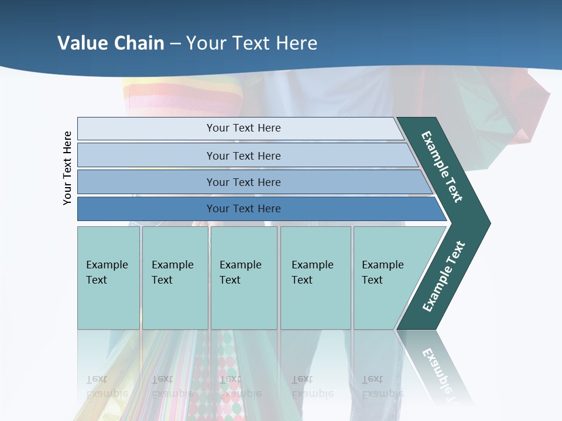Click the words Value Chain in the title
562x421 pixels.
pyautogui.click(x=111, y=43)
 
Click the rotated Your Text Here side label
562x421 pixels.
pyautogui.click(x=67, y=168)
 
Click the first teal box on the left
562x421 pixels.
pyautogui.click(x=108, y=278)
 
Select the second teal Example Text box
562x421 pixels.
pyautogui.click(x=175, y=278)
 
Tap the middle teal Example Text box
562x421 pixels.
pyautogui.click(x=244, y=278)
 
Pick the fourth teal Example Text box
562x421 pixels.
pyautogui.click(x=316, y=278)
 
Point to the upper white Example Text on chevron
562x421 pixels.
pyautogui.click(x=442, y=167)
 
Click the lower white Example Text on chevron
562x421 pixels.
pyautogui.click(x=443, y=277)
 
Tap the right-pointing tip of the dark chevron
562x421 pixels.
pyautogui.click(x=487, y=223)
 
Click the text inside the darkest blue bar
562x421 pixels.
pyautogui.click(x=244, y=209)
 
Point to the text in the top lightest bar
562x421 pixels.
pyautogui.click(x=244, y=128)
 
